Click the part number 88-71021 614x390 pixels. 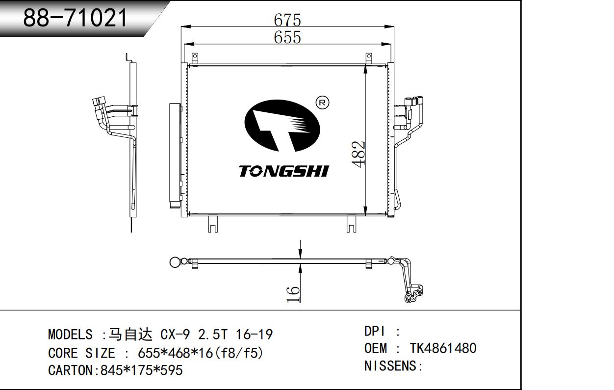[75, 18]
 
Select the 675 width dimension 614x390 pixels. [287, 20]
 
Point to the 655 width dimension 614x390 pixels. [287, 37]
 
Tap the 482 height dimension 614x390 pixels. [358, 154]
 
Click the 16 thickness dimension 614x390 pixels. [293, 294]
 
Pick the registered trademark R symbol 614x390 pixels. [322, 103]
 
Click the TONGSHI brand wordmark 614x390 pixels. [283, 171]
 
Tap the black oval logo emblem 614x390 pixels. [282, 126]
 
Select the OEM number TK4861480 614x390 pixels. [443, 348]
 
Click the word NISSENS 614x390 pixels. [390, 366]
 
